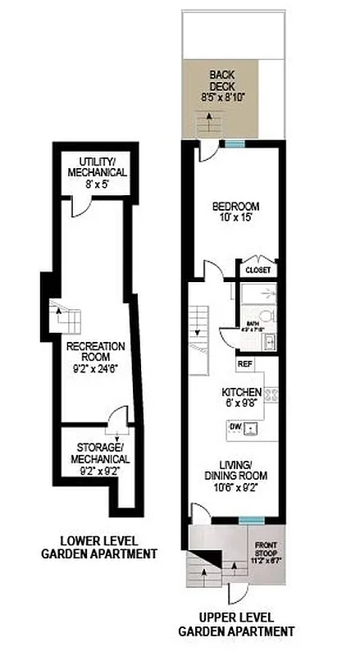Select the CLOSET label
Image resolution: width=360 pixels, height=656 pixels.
click(x=257, y=270)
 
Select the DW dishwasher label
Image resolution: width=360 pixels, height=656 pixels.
click(x=235, y=427)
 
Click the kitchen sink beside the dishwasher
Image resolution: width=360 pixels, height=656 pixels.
click(x=253, y=427)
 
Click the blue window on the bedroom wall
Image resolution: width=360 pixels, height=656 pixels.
click(x=235, y=145)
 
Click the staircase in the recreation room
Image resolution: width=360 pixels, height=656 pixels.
click(x=62, y=316)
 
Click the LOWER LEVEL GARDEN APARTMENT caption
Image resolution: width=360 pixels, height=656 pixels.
click(x=99, y=547)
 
